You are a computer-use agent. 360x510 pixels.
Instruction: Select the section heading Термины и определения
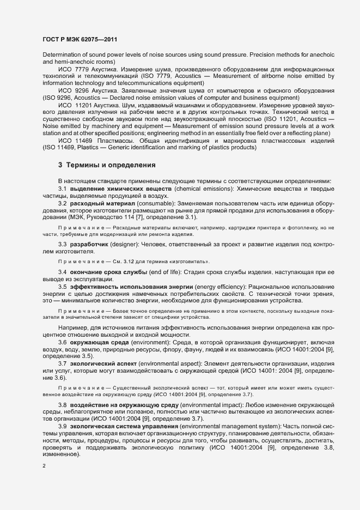coord(112,165)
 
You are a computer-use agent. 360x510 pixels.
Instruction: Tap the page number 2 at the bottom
coord(44,466)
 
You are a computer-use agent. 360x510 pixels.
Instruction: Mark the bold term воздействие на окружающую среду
coord(133,405)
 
